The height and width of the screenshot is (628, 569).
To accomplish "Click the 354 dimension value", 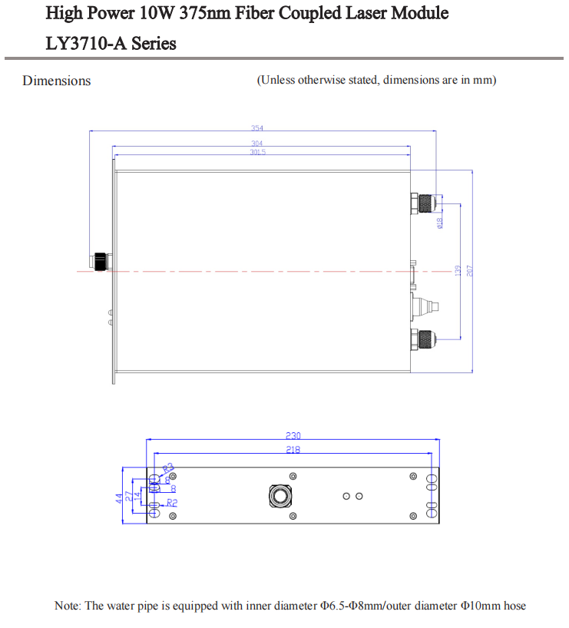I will pos(257,128).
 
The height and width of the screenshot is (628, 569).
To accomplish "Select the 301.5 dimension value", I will pos(257,152).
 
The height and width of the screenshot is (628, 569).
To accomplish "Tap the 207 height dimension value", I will pos(469,271).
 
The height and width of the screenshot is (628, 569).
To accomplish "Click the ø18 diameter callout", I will pos(439,223).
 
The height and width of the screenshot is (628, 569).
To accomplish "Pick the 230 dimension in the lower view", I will pos(293,435).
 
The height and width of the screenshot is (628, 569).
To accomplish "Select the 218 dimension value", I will pos(293,450).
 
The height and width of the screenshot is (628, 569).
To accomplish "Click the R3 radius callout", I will pos(168,468).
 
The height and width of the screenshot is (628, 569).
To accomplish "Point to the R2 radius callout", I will pos(172,502).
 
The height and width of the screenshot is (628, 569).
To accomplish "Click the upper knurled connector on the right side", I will pos(423,203).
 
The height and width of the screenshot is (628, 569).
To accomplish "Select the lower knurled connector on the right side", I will pos(423,339).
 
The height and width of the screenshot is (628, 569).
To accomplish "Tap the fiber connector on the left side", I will pos(100,261).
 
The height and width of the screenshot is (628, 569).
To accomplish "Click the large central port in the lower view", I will pos(279,496).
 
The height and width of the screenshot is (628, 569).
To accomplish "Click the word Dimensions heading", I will pos(57,81).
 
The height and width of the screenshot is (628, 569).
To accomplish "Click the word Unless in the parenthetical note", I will pos(278,81).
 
